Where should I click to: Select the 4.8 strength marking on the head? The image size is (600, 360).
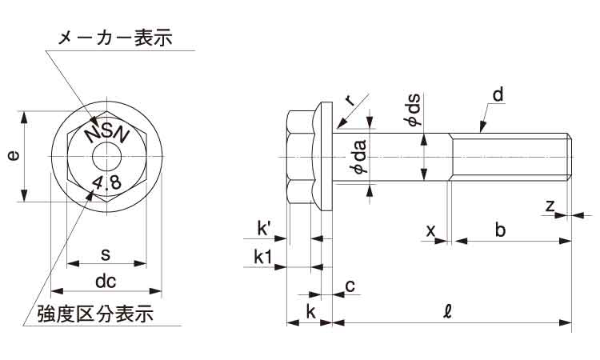point(106,183)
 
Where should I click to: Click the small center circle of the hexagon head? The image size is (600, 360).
point(106,156)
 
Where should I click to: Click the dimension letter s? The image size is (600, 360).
point(106,254)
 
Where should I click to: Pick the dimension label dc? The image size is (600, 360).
point(106,282)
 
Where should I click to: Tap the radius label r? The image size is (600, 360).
point(350,99)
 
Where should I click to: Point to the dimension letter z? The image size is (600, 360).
point(550,206)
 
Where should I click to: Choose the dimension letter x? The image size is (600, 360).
point(431,230)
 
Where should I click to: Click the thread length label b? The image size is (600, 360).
point(500,230)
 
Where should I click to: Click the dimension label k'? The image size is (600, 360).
point(266,230)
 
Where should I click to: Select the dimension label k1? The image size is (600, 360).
point(264,257)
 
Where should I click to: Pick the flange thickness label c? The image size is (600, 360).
point(350,286)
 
